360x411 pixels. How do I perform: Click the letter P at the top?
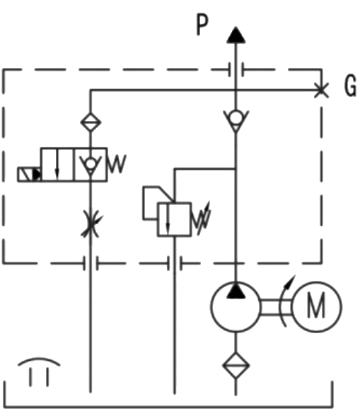click(x=202, y=25)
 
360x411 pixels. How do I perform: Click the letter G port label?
click(x=350, y=86)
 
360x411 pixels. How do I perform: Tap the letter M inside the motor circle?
click(x=316, y=306)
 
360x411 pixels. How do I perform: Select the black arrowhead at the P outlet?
click(x=236, y=35)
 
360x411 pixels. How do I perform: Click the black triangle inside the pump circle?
click(x=236, y=291)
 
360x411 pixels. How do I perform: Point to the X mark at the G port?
click(x=321, y=90)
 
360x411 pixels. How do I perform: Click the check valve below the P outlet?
click(x=236, y=120)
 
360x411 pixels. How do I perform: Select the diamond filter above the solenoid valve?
click(x=91, y=122)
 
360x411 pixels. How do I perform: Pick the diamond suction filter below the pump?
click(x=236, y=366)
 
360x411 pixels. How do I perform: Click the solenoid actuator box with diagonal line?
click(x=29, y=174)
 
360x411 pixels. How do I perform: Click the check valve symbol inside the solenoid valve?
click(x=91, y=166)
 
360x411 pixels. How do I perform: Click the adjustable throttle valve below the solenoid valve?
click(x=91, y=224)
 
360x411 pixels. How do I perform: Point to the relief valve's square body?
click(x=174, y=220)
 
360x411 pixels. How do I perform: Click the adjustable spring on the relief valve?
click(x=202, y=219)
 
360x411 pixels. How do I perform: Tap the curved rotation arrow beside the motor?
click(x=284, y=301)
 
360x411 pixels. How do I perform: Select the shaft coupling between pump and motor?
click(x=276, y=307)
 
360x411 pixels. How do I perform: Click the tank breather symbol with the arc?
click(x=39, y=371)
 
